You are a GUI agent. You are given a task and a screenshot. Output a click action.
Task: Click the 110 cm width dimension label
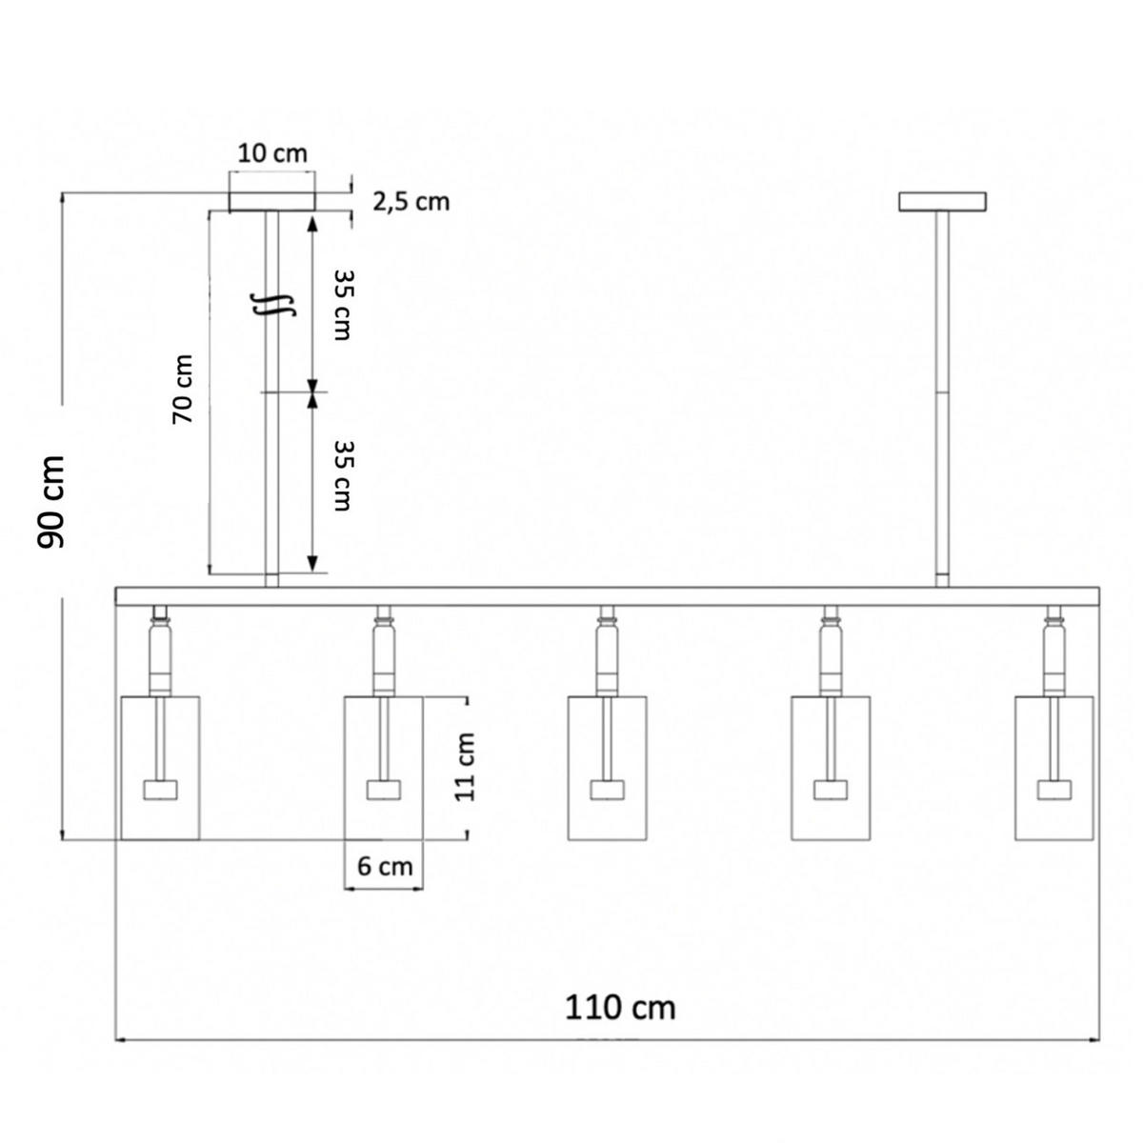click(619, 1008)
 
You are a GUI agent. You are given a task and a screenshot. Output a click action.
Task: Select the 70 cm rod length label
click(183, 390)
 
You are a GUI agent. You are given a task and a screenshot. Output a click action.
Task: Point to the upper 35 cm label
click(342, 305)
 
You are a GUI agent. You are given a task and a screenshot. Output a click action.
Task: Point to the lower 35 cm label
click(342, 475)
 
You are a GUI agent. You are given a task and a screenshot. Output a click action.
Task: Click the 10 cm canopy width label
click(272, 153)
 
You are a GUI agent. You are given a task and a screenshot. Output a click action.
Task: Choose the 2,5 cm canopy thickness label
click(411, 202)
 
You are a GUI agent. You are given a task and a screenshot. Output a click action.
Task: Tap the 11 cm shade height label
click(465, 767)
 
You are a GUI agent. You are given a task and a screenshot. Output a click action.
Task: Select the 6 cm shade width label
click(385, 867)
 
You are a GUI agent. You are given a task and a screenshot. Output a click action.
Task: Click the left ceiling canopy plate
click(272, 202)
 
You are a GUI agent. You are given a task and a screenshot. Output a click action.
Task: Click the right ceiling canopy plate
click(942, 202)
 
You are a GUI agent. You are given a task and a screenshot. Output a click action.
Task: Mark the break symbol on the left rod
click(272, 304)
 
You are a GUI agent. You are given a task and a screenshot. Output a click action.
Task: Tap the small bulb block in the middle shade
click(607, 790)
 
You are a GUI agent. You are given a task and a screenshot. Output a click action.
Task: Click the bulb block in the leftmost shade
click(160, 790)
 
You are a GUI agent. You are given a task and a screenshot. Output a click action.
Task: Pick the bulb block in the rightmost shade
click(1054, 790)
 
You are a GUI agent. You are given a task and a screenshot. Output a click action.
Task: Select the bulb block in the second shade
click(383, 790)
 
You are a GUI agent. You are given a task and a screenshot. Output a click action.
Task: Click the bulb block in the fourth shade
click(831, 790)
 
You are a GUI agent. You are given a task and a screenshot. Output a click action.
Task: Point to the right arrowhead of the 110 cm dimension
click(1093, 1040)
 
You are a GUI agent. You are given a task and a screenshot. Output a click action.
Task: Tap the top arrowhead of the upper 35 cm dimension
click(312, 224)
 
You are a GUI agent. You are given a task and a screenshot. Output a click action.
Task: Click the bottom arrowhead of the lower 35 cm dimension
click(312, 564)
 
